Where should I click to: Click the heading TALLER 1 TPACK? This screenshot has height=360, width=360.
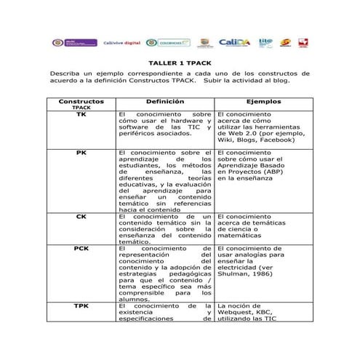pos(179,63)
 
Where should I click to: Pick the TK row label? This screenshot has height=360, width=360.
pos(81,115)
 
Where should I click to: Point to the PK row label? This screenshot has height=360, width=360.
pos(81,153)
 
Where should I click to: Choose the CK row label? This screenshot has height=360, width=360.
pos(81,216)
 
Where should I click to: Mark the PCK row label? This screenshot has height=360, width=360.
pos(81,248)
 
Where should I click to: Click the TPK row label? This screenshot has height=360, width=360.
pos(81,305)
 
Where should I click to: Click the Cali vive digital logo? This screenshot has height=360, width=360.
pos(122,43)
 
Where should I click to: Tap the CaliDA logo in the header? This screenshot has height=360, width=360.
pos(233,43)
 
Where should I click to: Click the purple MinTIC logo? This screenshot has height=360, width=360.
pos(75,43)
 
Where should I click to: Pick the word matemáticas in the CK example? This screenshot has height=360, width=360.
pos(239,237)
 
